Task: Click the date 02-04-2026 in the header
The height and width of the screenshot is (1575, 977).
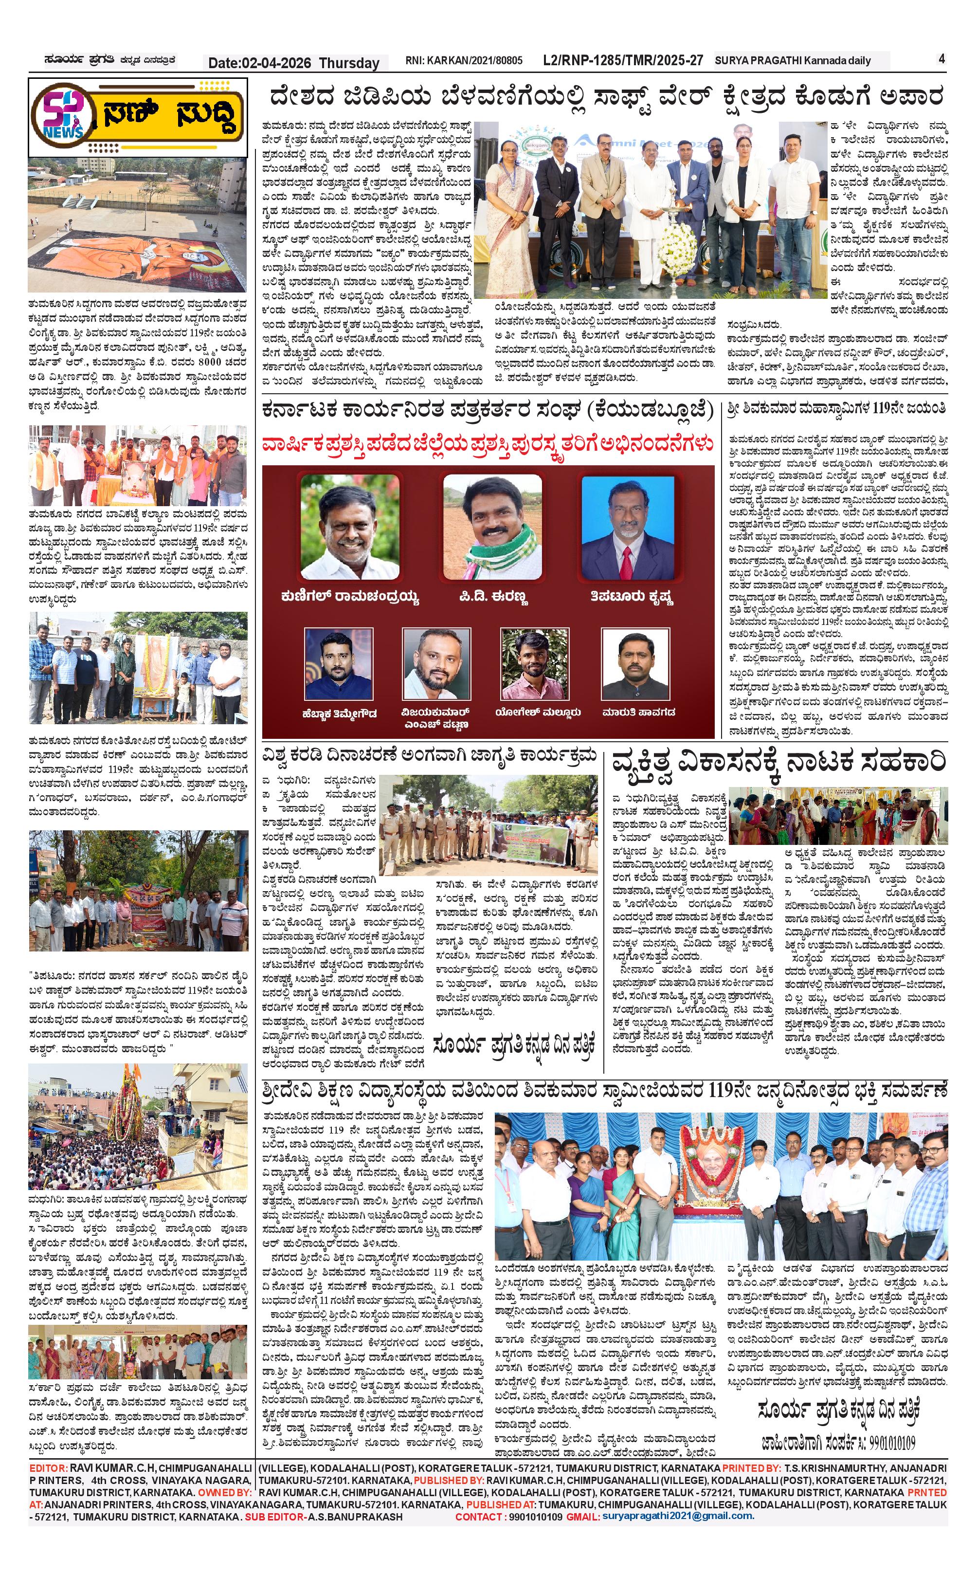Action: [x=259, y=63]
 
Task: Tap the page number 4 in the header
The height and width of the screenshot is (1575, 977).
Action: [x=941, y=59]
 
